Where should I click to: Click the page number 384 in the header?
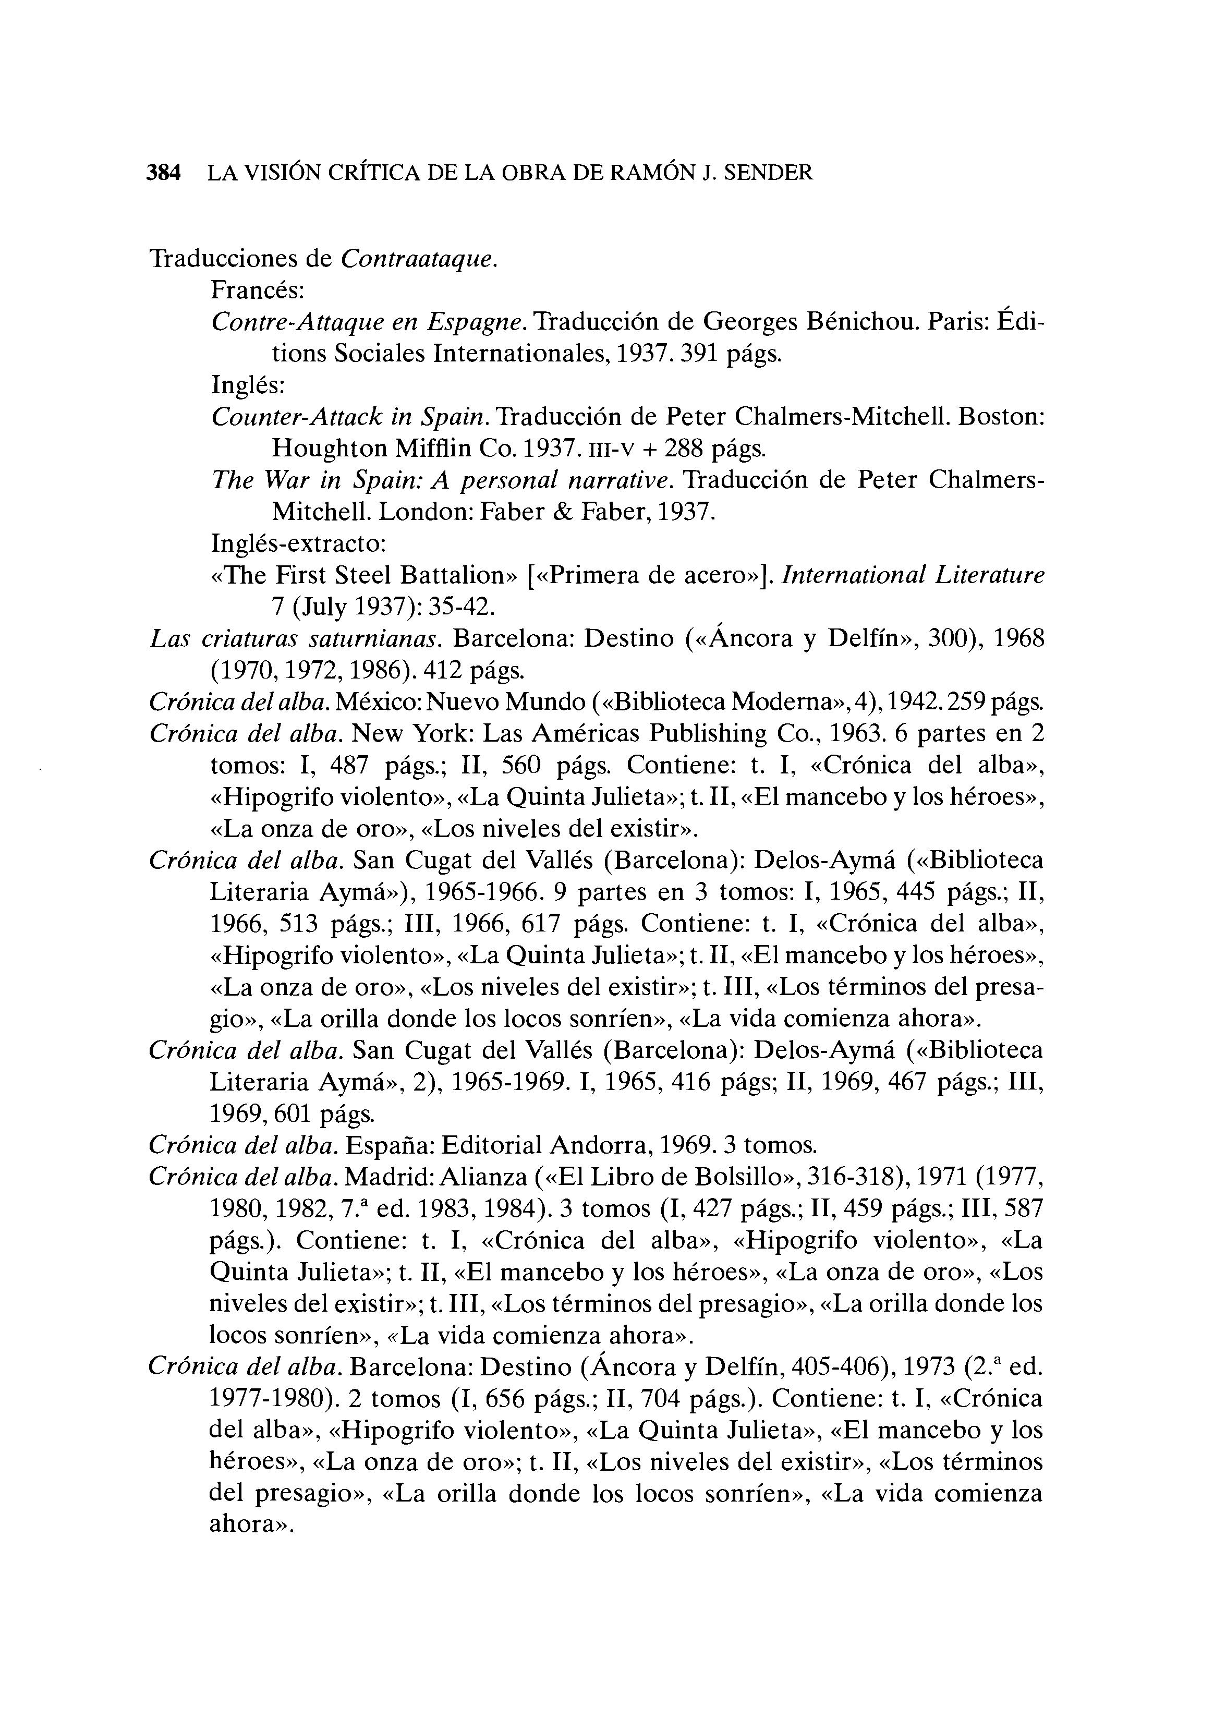164,173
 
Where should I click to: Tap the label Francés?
257,290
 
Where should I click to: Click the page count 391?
701,354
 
